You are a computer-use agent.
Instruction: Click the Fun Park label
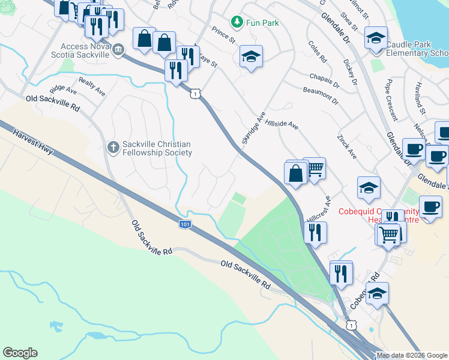[x=262, y=23]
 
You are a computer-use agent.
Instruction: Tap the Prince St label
[x=223, y=35]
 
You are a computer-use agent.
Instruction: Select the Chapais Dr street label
[x=324, y=78]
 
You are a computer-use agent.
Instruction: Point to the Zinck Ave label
[x=347, y=146]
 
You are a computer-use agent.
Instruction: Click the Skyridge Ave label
[x=253, y=127]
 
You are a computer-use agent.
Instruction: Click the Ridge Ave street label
[x=64, y=90]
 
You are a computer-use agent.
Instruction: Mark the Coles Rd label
[x=317, y=52]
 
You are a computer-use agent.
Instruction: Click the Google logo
[x=20, y=353]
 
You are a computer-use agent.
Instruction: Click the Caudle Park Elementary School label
[x=417, y=49]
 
